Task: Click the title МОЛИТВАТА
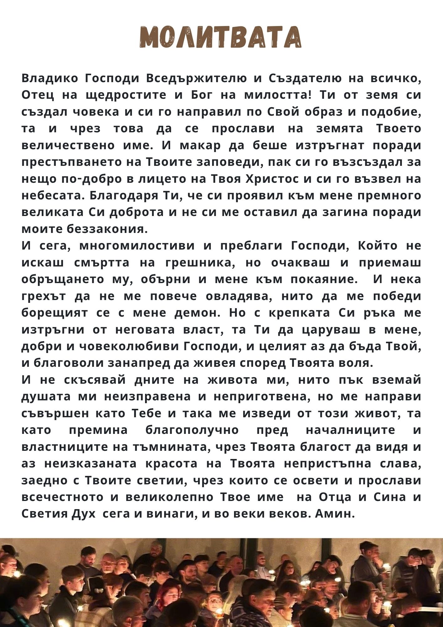click(x=221, y=37)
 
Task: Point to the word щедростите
click(x=126, y=95)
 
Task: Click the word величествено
click(x=68, y=145)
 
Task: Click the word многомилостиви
click(x=137, y=246)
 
